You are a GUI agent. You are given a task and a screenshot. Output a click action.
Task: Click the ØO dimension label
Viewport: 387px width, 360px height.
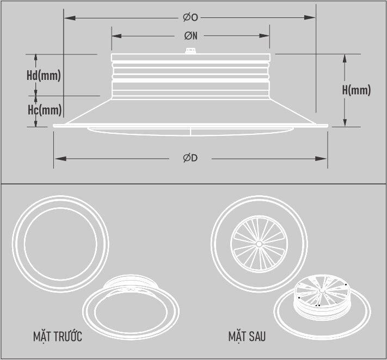tap(191, 18)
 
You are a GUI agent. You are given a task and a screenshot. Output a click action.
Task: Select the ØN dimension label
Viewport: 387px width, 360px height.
tap(191, 36)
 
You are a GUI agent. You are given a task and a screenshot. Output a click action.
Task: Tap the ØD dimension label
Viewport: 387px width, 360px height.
tap(190, 158)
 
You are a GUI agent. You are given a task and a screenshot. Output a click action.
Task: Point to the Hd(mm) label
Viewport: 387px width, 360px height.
tap(44, 75)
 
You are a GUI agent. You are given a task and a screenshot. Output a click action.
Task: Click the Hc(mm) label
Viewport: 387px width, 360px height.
tap(44, 110)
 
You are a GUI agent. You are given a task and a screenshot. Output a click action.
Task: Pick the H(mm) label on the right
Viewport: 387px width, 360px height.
tap(357, 90)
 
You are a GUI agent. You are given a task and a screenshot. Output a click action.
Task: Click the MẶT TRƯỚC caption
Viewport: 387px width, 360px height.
tap(58, 337)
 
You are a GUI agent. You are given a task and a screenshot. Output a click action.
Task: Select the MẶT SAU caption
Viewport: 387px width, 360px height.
tap(247, 337)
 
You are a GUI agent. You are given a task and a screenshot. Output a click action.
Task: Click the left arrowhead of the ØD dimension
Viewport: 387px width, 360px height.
tap(57, 158)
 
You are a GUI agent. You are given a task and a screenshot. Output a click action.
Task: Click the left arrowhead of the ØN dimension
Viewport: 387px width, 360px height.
tap(115, 36)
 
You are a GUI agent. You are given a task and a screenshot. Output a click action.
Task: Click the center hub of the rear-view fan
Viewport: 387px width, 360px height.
tap(259, 242)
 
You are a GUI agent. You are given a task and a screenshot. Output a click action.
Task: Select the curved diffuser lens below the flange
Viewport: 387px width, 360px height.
tap(191, 131)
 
